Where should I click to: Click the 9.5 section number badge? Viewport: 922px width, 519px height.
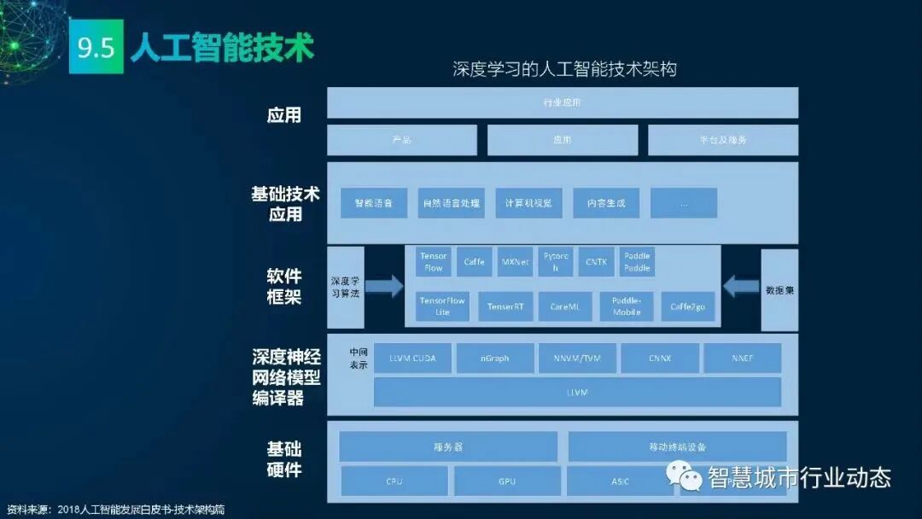(x=96, y=48)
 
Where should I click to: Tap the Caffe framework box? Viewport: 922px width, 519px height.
(x=474, y=262)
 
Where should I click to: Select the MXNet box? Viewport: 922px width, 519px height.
(x=516, y=262)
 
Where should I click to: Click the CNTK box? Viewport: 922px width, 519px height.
(x=596, y=262)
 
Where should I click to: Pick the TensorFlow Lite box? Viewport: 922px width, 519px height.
(x=442, y=306)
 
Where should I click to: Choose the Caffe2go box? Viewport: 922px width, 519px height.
(x=688, y=306)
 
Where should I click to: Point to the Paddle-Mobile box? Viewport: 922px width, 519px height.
(x=627, y=306)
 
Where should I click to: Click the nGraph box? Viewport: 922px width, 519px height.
(x=495, y=359)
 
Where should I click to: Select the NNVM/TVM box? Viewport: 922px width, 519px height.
(x=577, y=359)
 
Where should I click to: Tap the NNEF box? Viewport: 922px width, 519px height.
(x=742, y=359)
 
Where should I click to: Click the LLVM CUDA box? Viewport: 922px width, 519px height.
(x=411, y=359)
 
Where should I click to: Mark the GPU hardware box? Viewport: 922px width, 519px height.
(x=507, y=481)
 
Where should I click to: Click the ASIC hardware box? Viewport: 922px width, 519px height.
(x=620, y=481)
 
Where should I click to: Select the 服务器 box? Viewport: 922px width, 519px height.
(x=448, y=446)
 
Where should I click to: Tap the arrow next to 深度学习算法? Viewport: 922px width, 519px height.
(x=384, y=285)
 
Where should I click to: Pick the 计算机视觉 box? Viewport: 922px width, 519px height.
(x=528, y=203)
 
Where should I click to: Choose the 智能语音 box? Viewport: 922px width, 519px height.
(x=373, y=203)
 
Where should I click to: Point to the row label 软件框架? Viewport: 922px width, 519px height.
(x=284, y=287)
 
